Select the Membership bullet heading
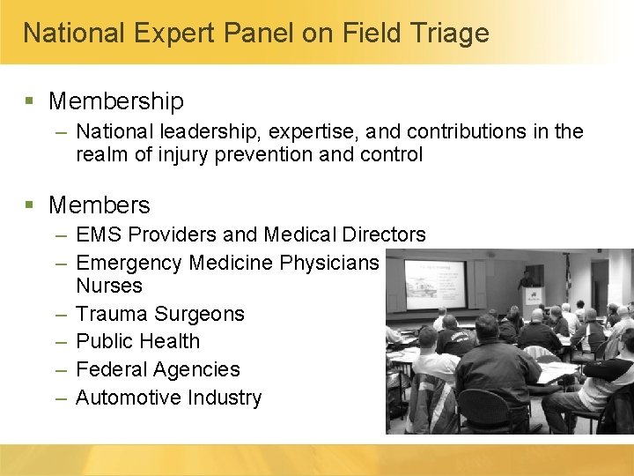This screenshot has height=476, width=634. (x=116, y=101)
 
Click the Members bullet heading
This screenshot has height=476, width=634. (x=100, y=205)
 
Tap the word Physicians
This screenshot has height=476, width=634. (x=329, y=263)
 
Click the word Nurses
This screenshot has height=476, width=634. (x=109, y=286)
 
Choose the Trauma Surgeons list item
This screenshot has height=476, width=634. (x=160, y=314)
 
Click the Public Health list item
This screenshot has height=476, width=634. (x=138, y=341)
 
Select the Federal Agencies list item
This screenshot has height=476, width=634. (x=158, y=369)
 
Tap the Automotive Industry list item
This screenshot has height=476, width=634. (x=169, y=398)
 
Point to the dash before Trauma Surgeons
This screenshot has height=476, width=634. (x=61, y=314)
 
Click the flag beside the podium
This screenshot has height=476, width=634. (x=568, y=278)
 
